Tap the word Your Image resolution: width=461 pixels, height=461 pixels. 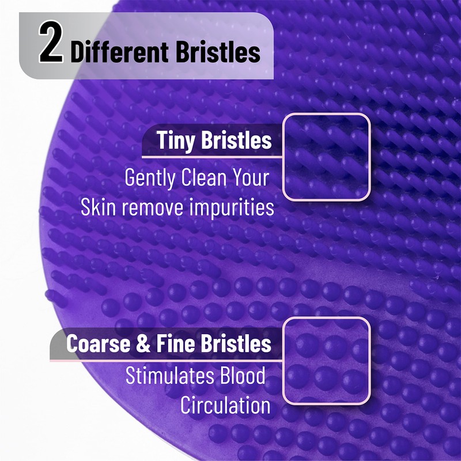point(252,177)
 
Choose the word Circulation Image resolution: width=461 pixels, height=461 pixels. point(225,405)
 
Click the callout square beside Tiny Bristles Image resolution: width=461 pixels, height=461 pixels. point(326,157)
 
